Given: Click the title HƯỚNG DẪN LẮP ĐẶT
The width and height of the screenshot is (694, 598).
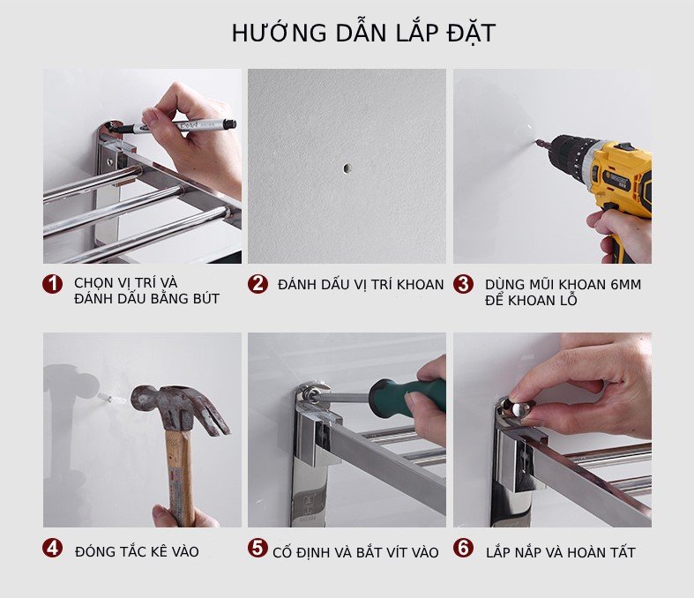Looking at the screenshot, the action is coord(363,33).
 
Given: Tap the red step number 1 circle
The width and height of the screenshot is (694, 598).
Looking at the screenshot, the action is coord(52,283).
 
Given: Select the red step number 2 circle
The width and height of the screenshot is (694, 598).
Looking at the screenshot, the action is coord(257,284).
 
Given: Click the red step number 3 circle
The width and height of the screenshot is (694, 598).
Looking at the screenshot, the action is coord(463,284).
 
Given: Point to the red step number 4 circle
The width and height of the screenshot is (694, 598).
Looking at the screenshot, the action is coord(52,548).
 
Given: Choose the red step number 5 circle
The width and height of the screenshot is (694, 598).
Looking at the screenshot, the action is coord(257,548).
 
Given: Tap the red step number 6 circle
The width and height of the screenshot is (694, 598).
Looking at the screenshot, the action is coord(463,548).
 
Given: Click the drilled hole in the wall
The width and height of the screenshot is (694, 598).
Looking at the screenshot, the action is coord(347,168).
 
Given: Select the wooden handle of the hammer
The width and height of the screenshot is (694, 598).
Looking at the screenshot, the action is coord(180,478).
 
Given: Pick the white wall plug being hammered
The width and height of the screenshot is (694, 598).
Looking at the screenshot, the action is coord(107,400).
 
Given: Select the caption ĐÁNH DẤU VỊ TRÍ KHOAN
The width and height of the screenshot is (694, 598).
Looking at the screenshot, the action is coord(361,285).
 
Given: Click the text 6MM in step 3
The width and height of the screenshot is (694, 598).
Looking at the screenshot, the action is coord(626,285).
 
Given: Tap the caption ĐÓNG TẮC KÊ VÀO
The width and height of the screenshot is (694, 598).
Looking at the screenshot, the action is coord(137,551).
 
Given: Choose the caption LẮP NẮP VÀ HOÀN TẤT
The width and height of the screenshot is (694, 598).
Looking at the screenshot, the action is coord(560,552).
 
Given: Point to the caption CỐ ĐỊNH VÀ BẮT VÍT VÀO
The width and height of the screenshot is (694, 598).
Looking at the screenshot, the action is coord(355,552).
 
